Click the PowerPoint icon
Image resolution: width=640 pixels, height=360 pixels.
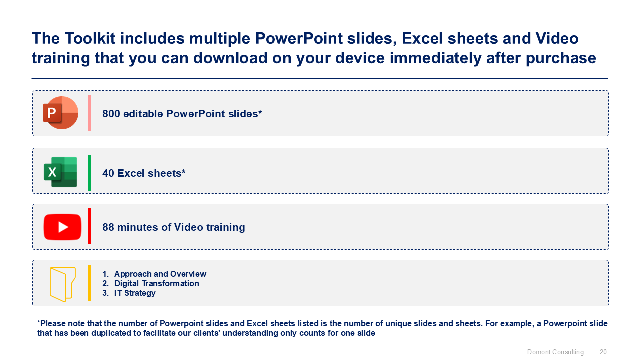(x=60, y=113)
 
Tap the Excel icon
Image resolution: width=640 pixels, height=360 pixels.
(x=60, y=172)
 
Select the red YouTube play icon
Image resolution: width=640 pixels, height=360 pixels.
(x=62, y=227)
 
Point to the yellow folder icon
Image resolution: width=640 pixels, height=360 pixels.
(x=63, y=284)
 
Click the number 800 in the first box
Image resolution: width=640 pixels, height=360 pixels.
(x=111, y=114)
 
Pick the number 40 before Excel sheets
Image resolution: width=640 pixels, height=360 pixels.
(x=108, y=173)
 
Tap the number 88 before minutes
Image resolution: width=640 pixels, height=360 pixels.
(x=108, y=227)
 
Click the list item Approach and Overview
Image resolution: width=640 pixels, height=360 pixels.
(x=160, y=274)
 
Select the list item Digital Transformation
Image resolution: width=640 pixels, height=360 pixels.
(x=157, y=283)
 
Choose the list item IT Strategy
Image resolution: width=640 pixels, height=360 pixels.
(x=135, y=293)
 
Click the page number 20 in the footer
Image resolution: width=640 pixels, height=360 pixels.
(x=603, y=352)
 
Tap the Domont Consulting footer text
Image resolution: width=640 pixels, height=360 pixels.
(x=555, y=352)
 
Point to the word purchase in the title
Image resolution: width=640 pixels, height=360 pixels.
(x=561, y=58)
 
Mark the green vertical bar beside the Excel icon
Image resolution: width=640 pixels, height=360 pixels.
(x=90, y=173)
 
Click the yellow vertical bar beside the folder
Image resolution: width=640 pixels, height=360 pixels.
(x=90, y=283)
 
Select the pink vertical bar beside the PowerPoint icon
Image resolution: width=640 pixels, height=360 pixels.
(x=90, y=113)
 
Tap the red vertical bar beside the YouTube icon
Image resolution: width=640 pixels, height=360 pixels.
(x=90, y=226)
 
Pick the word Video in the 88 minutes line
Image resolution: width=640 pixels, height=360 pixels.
(x=189, y=227)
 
